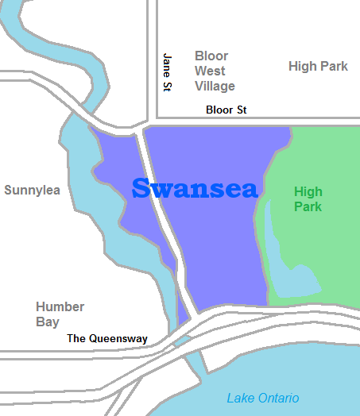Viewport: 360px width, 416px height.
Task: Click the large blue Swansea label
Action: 195,189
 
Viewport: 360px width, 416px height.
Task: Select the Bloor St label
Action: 226,110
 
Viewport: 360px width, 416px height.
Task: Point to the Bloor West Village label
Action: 215,71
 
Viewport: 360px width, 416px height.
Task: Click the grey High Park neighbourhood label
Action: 318,67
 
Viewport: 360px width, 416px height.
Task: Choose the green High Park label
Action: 308,198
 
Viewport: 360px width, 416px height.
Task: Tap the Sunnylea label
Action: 32,190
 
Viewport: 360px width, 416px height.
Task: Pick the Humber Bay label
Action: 60,314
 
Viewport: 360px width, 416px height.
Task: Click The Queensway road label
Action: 107,338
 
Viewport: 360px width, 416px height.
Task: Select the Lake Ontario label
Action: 263,398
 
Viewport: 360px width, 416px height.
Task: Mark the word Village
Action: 215,86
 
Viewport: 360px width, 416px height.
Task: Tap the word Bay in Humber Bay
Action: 48,322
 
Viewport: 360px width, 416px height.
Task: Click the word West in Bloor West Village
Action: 211,71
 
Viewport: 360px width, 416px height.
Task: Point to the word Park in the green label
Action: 308,206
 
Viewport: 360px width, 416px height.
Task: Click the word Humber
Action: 60,306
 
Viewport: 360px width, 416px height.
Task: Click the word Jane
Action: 168,61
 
